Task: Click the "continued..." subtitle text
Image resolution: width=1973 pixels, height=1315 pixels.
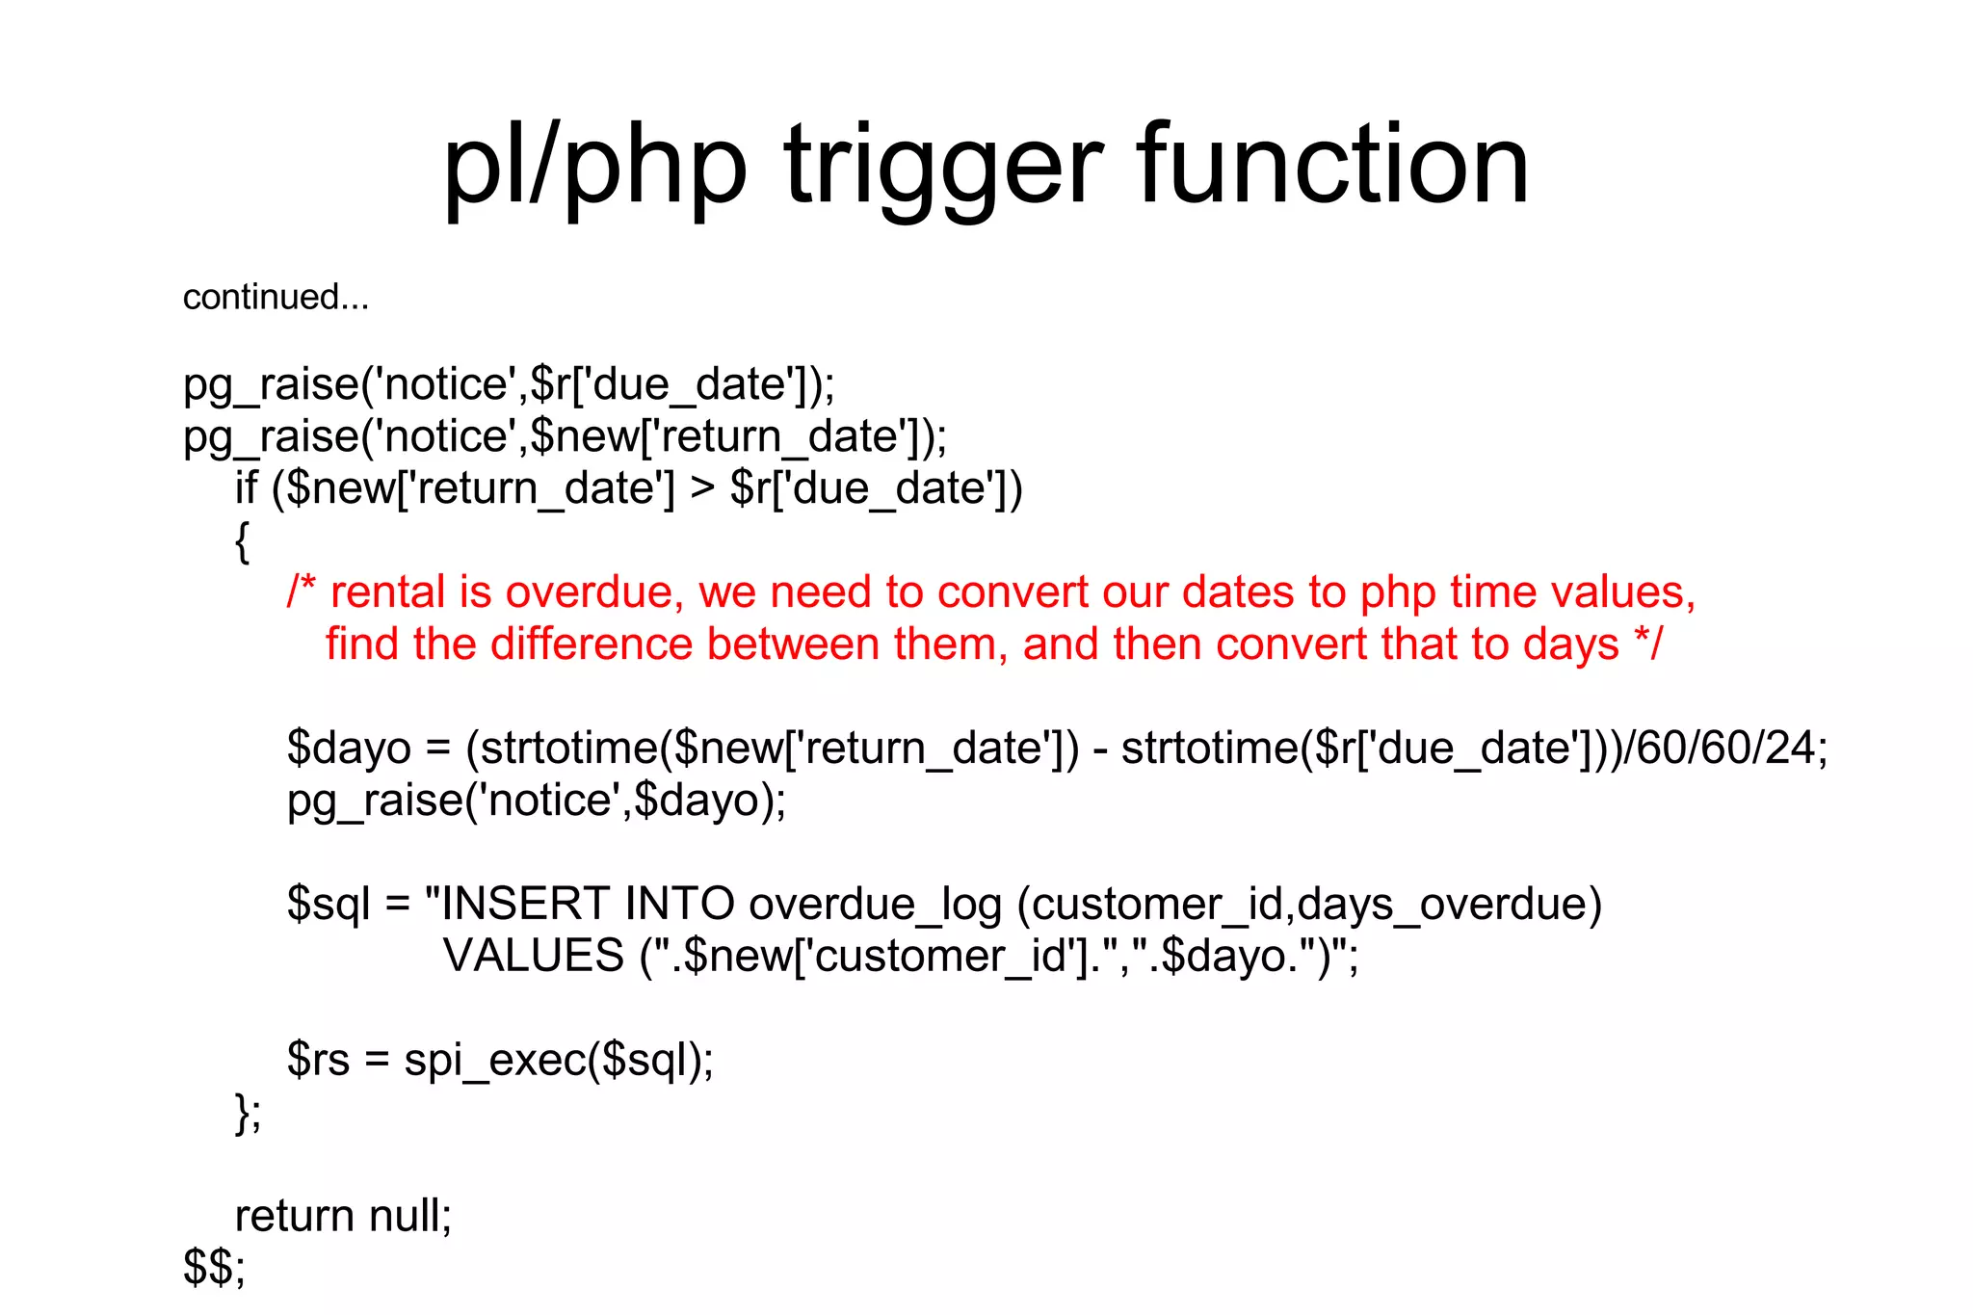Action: tap(276, 297)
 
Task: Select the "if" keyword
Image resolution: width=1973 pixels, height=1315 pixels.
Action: tap(246, 487)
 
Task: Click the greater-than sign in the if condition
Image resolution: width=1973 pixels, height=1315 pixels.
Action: tap(702, 489)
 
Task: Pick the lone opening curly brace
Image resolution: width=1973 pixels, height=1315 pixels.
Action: tap(242, 541)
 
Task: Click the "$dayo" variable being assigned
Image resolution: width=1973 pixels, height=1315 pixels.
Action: tap(349, 749)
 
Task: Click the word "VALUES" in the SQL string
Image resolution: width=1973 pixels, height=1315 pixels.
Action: tap(534, 956)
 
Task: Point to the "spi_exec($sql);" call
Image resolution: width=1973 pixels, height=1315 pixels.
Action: tap(559, 1061)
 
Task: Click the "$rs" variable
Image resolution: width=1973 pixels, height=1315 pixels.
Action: tap(318, 1061)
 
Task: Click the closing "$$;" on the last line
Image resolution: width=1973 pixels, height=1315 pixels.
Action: tap(214, 1268)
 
